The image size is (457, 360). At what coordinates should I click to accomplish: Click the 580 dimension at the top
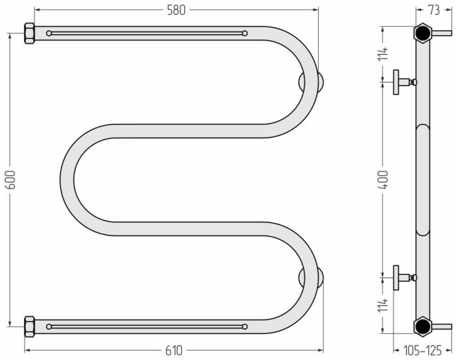pyautogui.click(x=176, y=10)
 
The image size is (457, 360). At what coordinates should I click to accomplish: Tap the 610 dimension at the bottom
pyautogui.click(x=174, y=351)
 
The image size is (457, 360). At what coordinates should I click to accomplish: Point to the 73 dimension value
pyautogui.click(x=433, y=10)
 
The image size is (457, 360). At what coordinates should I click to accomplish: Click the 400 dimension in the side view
pyautogui.click(x=385, y=179)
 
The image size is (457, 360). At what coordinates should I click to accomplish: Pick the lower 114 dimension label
pyautogui.click(x=385, y=305)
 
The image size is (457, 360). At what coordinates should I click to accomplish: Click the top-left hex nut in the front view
pyautogui.click(x=29, y=33)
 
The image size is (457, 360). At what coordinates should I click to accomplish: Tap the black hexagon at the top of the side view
pyautogui.click(x=422, y=33)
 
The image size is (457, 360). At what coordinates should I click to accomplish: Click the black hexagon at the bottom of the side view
pyautogui.click(x=422, y=325)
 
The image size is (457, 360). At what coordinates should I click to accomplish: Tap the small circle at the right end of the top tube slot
pyautogui.click(x=245, y=33)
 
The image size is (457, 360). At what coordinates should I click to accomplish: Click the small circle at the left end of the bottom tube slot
pyautogui.click(x=49, y=325)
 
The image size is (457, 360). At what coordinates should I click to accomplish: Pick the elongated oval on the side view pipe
pyautogui.click(x=422, y=179)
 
